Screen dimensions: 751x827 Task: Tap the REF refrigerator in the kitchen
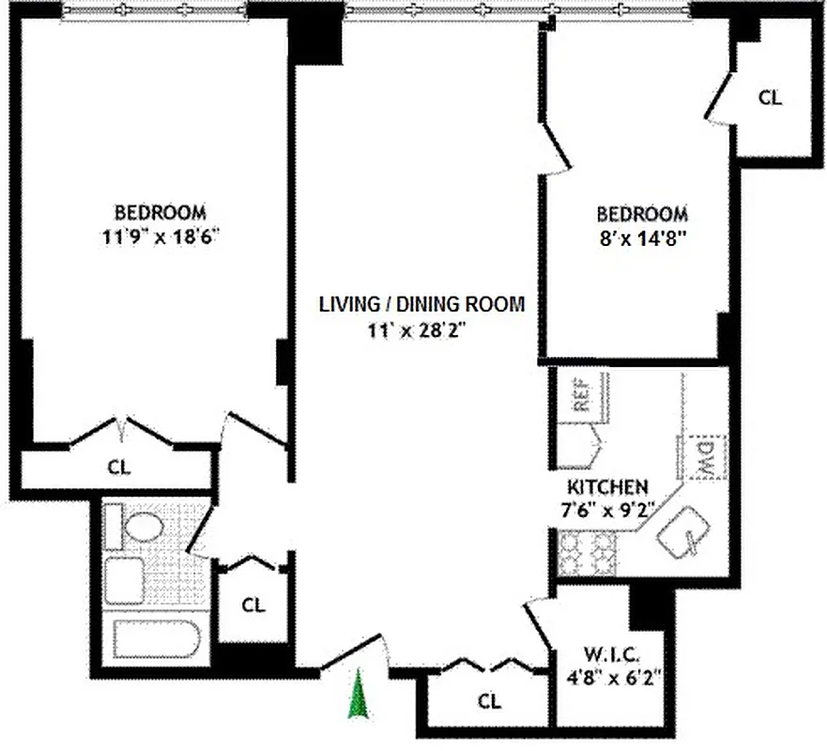581,393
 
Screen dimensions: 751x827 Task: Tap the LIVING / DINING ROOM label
421,304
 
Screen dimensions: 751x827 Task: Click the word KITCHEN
607,487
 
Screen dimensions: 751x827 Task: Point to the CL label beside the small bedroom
770,97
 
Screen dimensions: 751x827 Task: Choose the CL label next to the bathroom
253,605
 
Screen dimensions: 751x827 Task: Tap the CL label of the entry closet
489,701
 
